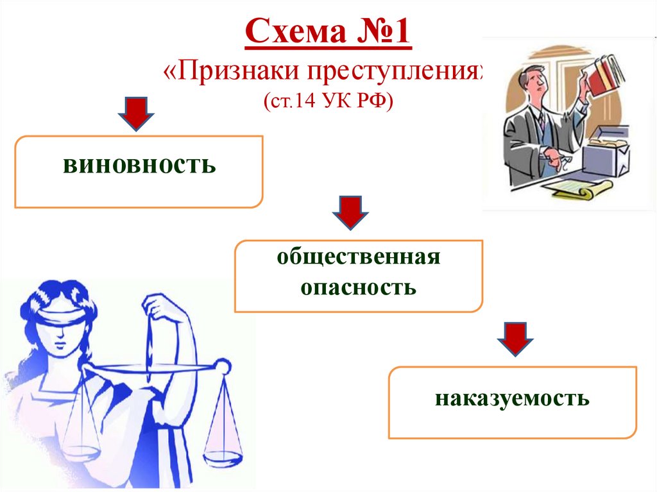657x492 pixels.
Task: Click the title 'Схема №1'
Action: point(328,36)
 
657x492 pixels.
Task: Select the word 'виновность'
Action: point(139,167)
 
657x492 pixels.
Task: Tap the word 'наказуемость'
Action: point(512,398)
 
